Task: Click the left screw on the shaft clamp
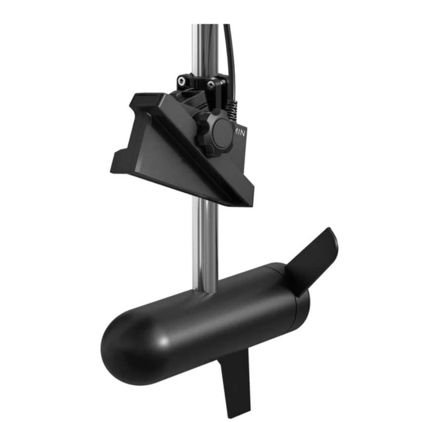tap(183, 80)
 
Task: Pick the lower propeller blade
tap(234, 391)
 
